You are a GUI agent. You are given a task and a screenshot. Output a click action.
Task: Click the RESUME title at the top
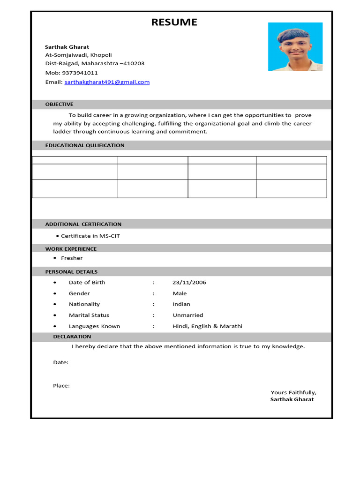174,22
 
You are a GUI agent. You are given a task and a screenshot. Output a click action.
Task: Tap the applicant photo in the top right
295,46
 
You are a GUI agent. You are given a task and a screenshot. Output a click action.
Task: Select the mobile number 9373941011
80,73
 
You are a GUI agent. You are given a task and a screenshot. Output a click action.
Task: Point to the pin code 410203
134,63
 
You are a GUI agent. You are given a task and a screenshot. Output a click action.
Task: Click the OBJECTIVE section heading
59,104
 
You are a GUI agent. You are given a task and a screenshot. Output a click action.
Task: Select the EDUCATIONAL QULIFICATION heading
85,145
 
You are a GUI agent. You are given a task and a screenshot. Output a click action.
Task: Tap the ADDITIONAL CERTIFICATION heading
83,224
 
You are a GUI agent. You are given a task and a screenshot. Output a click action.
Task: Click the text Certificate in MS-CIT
90,236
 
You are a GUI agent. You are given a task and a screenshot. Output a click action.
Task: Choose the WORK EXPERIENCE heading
71,249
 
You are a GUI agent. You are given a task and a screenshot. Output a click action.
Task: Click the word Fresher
72,258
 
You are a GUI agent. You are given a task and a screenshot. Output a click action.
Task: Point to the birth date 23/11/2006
189,282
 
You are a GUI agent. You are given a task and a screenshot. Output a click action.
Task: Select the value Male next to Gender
180,293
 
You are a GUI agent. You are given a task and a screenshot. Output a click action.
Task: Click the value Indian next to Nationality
181,304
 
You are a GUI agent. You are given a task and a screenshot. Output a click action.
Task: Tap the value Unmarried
188,315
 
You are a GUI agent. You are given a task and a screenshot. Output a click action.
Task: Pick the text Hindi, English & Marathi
207,326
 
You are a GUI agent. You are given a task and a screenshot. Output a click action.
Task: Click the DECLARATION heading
72,337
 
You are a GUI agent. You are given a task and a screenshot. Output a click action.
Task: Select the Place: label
61,386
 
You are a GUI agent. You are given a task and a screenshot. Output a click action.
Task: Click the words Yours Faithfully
293,392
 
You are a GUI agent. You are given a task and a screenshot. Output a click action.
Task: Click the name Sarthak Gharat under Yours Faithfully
292,399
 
